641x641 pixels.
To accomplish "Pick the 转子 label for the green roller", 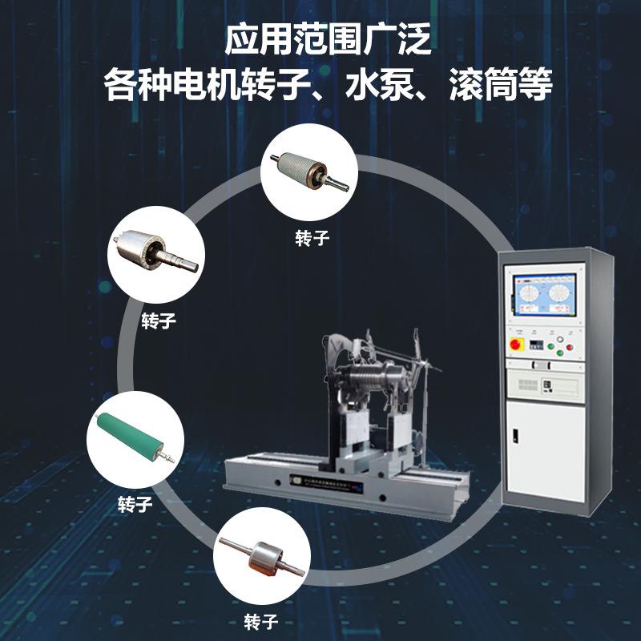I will [135, 505].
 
